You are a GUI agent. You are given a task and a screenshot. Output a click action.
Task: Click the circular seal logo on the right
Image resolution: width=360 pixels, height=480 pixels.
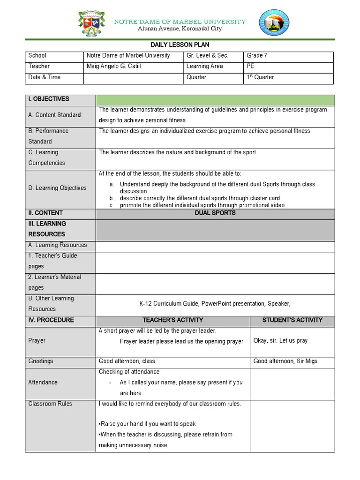pyautogui.click(x=274, y=23)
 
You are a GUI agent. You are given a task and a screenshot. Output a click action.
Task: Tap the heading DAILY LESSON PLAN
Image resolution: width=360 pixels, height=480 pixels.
pyautogui.click(x=180, y=45)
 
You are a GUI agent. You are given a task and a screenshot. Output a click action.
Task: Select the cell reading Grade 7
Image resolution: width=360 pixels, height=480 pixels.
pyautogui.click(x=257, y=55)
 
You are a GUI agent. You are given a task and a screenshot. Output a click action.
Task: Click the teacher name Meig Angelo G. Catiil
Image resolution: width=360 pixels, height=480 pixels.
pyautogui.click(x=113, y=66)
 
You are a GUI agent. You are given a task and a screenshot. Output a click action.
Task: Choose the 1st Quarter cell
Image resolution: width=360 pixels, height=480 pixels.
pyautogui.click(x=260, y=77)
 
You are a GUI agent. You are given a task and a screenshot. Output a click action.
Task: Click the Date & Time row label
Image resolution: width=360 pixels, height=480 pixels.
pyautogui.click(x=45, y=77)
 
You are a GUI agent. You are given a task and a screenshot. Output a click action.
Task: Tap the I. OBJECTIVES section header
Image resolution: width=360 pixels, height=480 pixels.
pyautogui.click(x=49, y=99)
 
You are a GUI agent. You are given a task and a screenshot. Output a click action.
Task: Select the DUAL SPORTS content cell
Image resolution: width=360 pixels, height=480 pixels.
pyautogui.click(x=215, y=213)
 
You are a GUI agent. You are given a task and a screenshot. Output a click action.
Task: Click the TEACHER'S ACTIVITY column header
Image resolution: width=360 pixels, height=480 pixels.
pyautogui.click(x=172, y=320)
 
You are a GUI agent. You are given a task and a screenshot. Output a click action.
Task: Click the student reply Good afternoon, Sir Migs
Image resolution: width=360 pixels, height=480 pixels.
pyautogui.click(x=285, y=361)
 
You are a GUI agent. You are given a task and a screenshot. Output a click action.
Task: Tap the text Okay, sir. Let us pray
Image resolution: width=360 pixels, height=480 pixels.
pyautogui.click(x=280, y=340)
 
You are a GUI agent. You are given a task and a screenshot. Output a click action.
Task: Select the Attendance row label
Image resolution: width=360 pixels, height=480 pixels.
pyautogui.click(x=43, y=382)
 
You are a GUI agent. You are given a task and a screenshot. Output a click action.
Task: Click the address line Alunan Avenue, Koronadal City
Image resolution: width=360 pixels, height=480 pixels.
pyautogui.click(x=180, y=29)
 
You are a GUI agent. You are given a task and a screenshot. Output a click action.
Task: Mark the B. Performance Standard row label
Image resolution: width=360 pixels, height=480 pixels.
pyautogui.click(x=48, y=136)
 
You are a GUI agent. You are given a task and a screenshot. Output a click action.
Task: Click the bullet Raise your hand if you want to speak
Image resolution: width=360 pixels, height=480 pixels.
pyautogui.click(x=147, y=424)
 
